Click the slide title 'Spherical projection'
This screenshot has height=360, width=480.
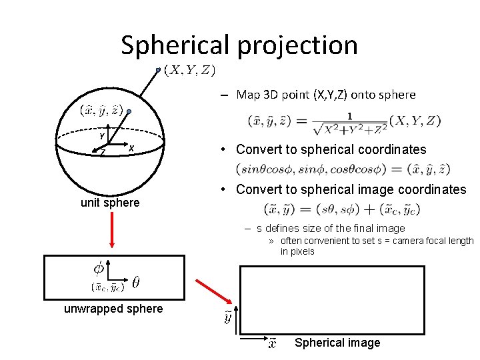239,45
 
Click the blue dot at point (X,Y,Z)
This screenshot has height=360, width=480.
158,69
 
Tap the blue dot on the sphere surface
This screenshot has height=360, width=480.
130,111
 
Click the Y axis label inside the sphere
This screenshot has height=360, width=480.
102,136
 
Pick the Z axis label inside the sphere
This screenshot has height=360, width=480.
103,153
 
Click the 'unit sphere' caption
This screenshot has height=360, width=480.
110,202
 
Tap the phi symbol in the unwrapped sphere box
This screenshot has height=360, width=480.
98,269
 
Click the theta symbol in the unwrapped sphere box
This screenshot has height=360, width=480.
136,283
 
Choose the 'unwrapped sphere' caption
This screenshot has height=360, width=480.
113,309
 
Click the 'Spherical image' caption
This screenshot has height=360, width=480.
337,343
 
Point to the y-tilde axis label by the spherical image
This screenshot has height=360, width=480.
227,317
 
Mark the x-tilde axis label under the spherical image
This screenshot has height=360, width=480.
272,343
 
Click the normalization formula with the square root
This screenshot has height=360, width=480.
344,121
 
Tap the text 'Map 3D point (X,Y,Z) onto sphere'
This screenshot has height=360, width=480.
326,95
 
